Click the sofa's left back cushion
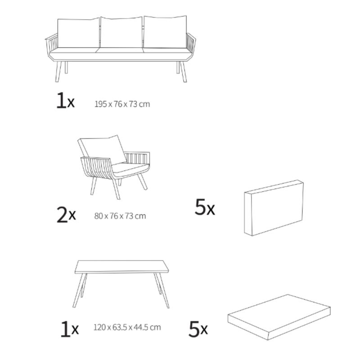pos(78,33)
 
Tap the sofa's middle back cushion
pos(121,32)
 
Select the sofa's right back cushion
pos(165,31)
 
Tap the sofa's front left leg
pos(58,72)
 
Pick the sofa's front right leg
pos(183,72)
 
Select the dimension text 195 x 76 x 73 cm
pos(122,104)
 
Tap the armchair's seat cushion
pos(130,168)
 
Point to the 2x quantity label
pos(66,215)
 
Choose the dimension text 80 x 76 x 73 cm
pos(120,216)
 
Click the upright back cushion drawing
pos(274,208)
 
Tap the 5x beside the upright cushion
pos(205,207)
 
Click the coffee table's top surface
pos(121,266)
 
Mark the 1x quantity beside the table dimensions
pos(70,329)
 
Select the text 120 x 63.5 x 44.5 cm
pos(127,327)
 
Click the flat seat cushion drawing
pos(279,317)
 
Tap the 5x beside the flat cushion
pos(198,329)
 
